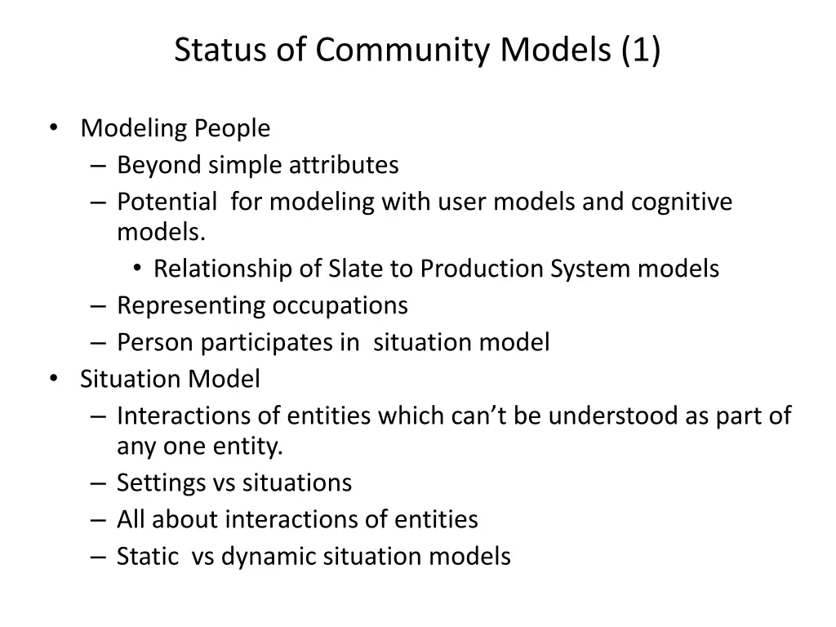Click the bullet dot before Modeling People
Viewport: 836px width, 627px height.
(x=53, y=127)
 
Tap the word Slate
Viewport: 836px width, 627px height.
(x=351, y=269)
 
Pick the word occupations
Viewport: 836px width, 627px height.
(x=340, y=305)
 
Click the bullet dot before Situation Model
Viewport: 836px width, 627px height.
(x=53, y=378)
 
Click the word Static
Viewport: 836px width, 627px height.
(x=147, y=556)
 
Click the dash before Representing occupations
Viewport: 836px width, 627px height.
(x=99, y=305)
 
